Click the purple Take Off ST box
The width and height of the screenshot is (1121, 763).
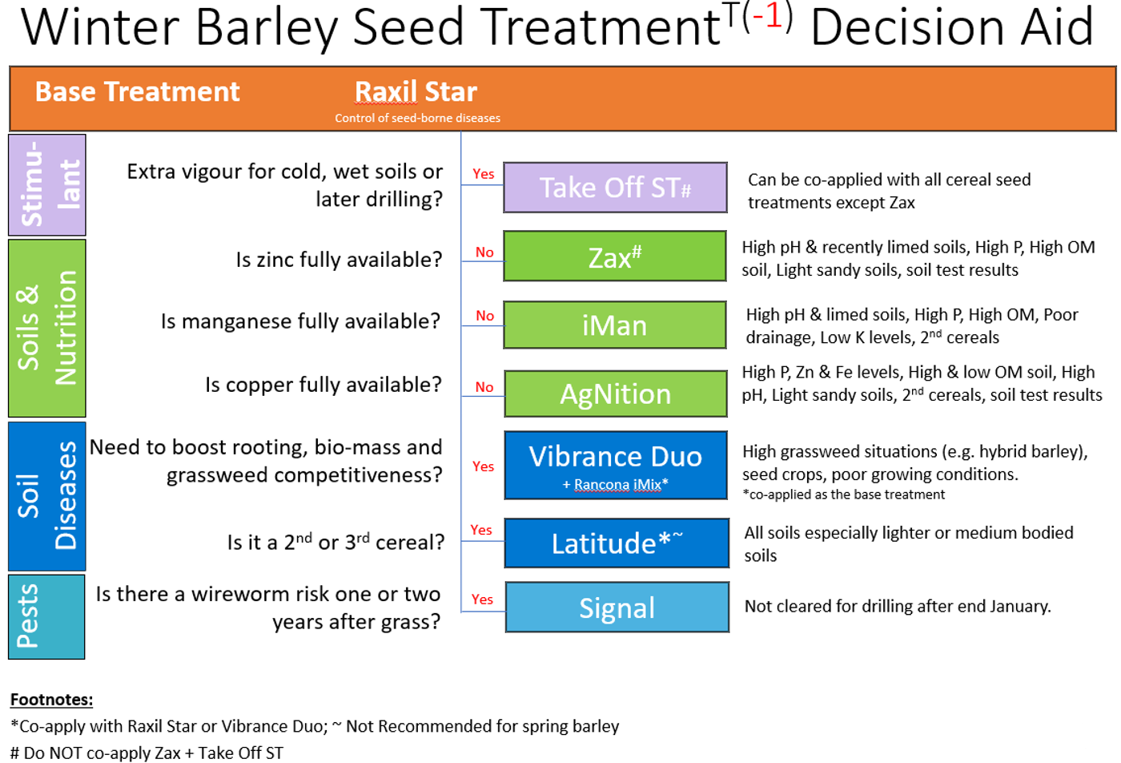(x=615, y=188)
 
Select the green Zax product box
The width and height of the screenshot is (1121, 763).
(x=615, y=256)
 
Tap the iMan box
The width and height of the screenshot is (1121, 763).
(x=615, y=325)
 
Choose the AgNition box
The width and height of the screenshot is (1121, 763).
(x=616, y=394)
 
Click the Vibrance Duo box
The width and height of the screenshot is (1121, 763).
(x=616, y=466)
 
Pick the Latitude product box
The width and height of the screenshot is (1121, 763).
(x=617, y=543)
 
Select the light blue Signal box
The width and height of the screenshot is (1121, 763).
(x=617, y=608)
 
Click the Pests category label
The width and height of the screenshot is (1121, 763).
(x=46, y=616)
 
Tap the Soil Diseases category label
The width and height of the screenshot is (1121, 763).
(x=46, y=496)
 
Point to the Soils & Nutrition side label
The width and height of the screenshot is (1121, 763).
(x=46, y=328)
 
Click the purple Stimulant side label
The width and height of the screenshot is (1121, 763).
(x=46, y=184)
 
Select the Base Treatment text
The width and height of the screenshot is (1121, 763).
(x=137, y=91)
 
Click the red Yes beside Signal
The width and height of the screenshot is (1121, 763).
(x=482, y=599)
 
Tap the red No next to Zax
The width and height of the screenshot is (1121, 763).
(x=484, y=252)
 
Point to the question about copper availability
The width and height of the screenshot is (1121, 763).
(x=323, y=385)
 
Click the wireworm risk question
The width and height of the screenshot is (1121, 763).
(x=268, y=608)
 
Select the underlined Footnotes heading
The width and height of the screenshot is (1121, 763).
(x=51, y=700)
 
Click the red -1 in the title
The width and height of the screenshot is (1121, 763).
(x=767, y=16)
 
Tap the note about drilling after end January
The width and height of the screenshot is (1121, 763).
(x=898, y=606)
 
